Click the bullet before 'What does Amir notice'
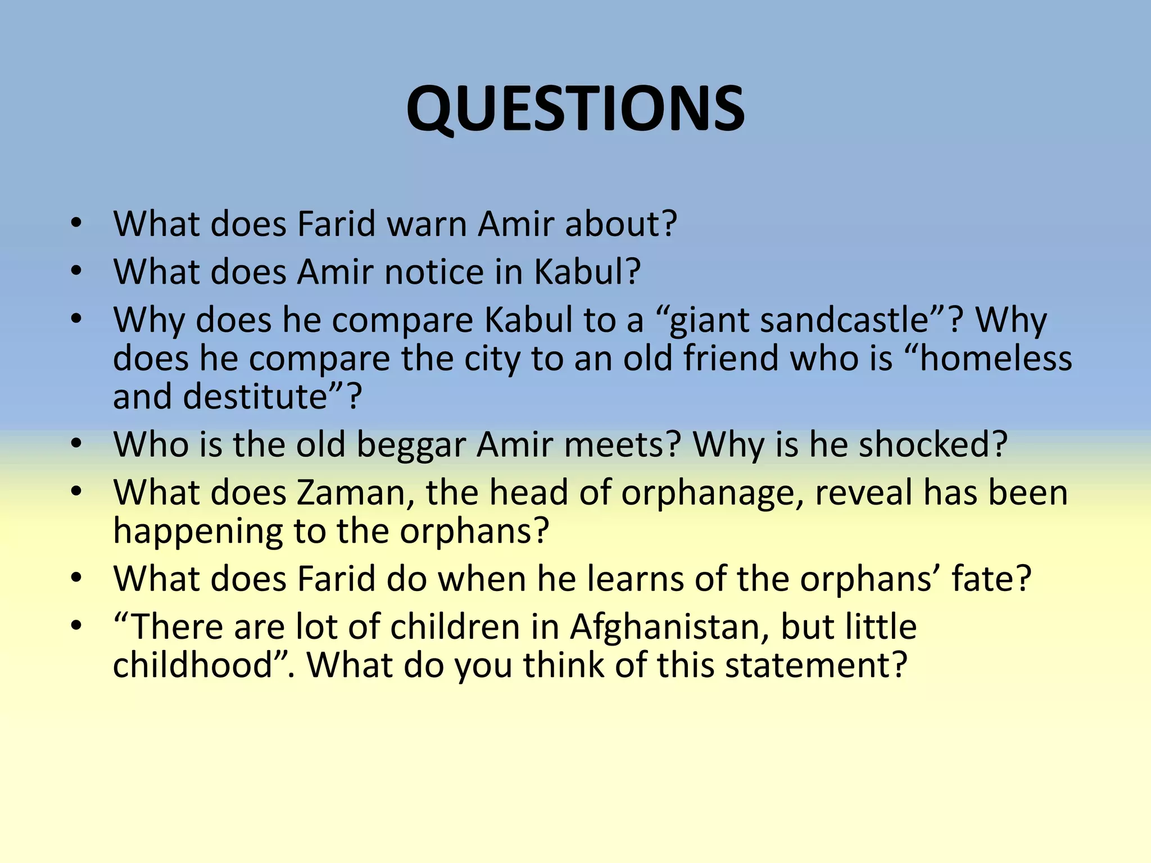[x=76, y=271]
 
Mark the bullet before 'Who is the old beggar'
[x=76, y=444]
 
